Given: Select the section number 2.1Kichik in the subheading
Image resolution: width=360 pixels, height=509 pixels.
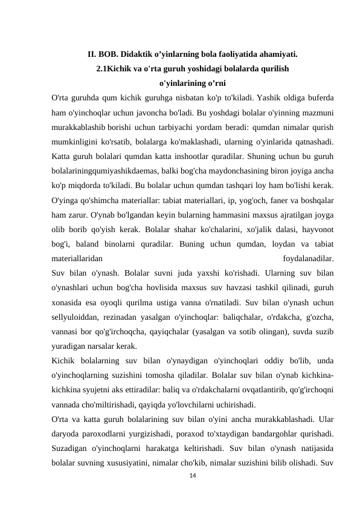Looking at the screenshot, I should click(x=115, y=68).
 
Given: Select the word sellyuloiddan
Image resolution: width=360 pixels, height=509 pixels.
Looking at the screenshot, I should click(x=78, y=316).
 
